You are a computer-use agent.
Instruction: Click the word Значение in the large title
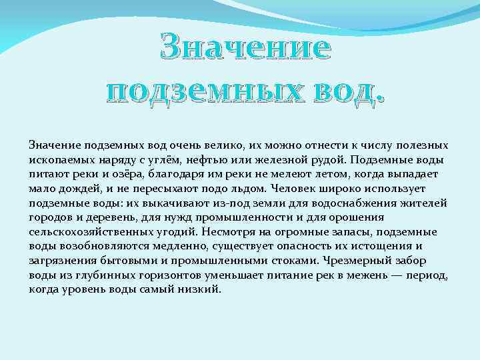pyautogui.click(x=245, y=49)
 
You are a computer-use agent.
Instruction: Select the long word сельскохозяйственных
pyautogui.click(x=86, y=231)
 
